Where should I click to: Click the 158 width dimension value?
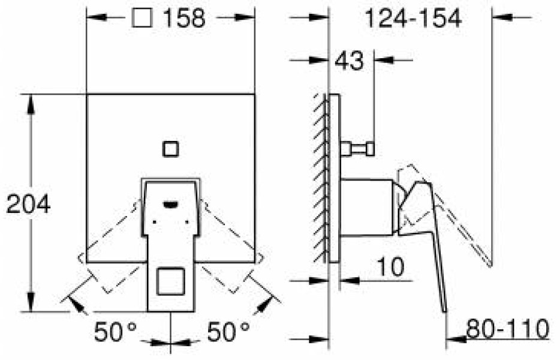point(184,18)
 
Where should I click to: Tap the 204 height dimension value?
point(29,205)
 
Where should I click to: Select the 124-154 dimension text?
point(413,18)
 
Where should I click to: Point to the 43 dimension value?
point(349,61)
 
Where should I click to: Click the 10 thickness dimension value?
point(391,266)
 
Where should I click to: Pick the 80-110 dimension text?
point(508,329)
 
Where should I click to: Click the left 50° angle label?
point(115,331)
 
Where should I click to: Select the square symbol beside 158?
point(142,17)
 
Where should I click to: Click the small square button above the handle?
point(171,149)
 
